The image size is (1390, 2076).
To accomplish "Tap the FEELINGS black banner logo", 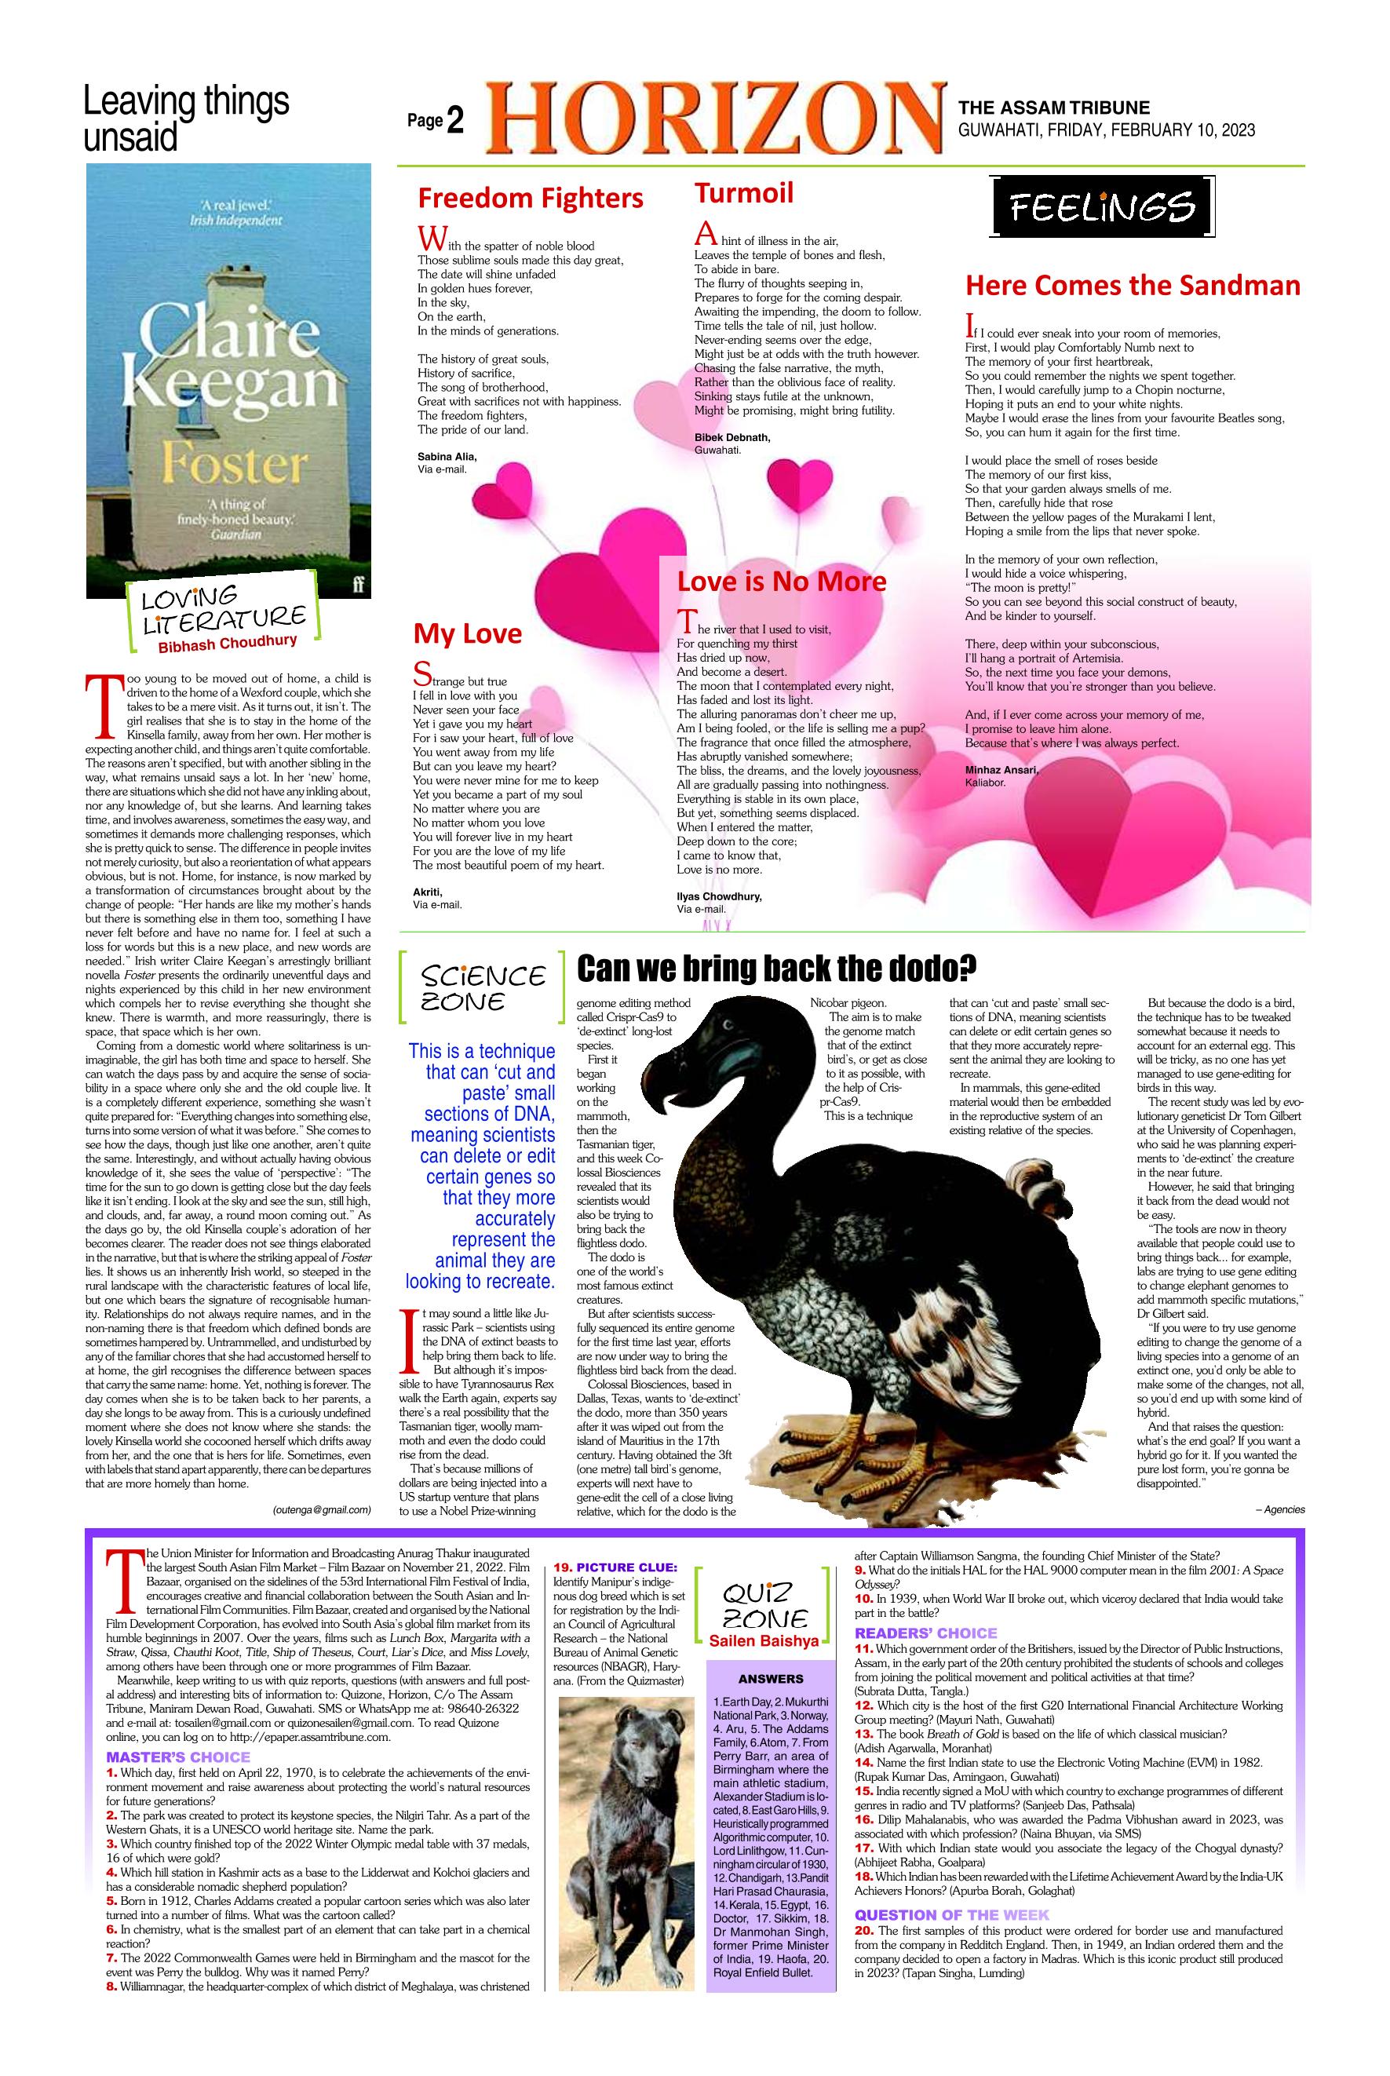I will click(1101, 208).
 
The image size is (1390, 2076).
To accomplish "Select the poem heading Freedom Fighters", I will click(530, 197).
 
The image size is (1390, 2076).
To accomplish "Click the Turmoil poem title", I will click(744, 192).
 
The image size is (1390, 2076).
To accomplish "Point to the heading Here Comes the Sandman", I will click(1132, 286).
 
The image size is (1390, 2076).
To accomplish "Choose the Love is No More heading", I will click(781, 582).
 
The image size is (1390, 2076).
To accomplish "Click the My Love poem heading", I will click(467, 634).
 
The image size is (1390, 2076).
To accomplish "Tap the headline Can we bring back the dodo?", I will click(771, 969).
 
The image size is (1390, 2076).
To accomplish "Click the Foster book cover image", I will click(228, 381).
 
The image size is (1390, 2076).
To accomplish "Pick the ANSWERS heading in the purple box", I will click(771, 1679).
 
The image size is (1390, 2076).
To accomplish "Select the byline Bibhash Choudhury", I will click(228, 644).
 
